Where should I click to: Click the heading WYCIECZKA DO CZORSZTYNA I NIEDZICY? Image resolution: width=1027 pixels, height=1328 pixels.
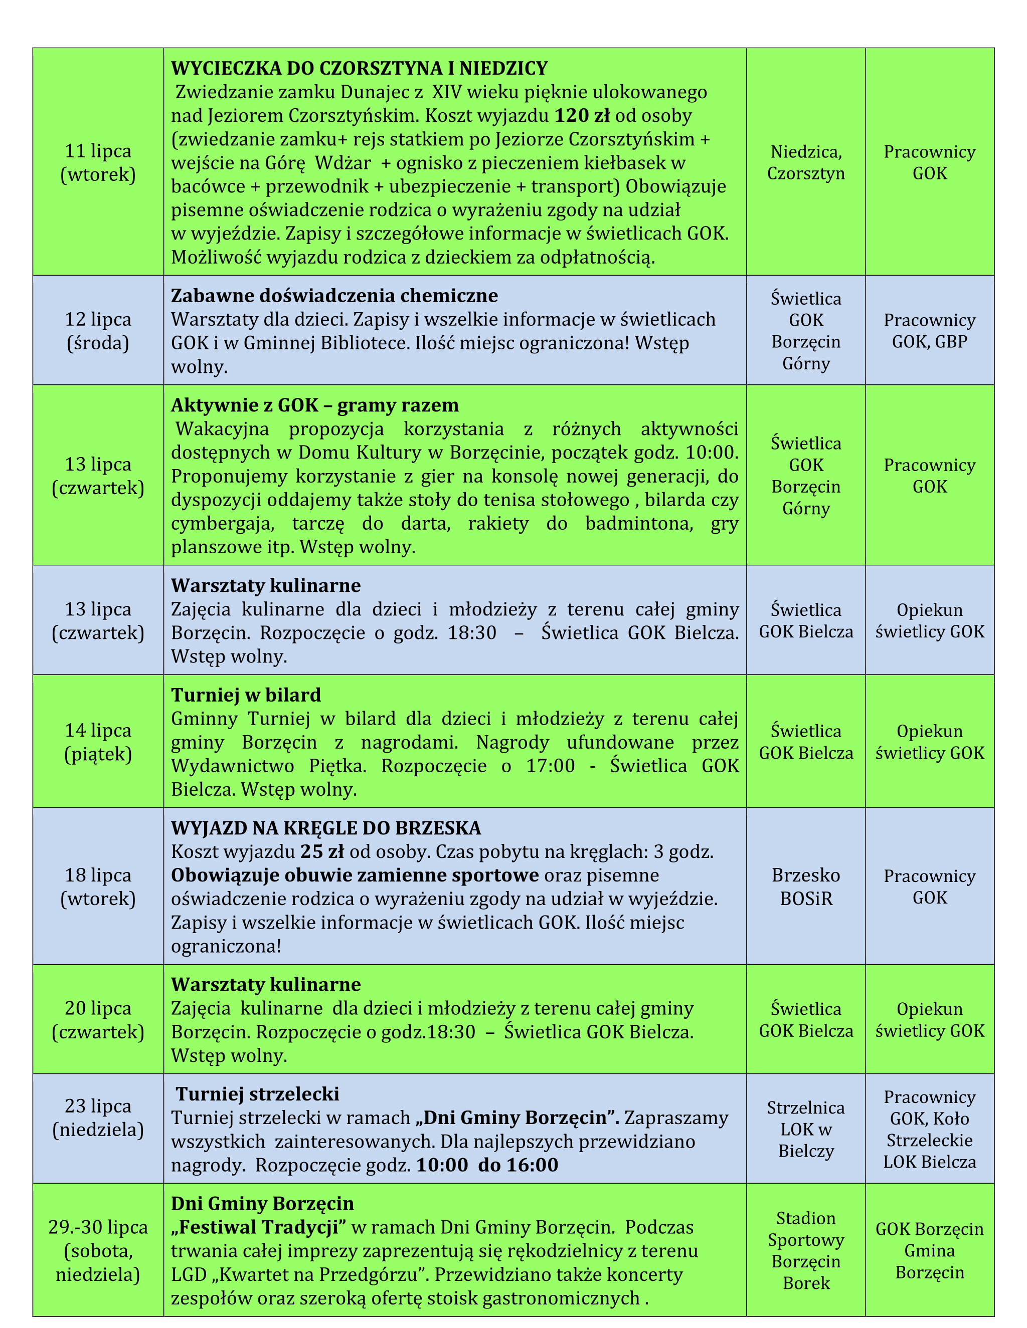[359, 68]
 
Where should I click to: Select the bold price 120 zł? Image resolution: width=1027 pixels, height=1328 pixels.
[582, 116]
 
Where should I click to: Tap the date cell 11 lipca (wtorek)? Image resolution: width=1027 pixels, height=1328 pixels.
[98, 162]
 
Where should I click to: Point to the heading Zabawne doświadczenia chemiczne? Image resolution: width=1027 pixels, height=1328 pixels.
[334, 296]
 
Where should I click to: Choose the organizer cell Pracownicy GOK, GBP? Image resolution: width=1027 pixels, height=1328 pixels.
[929, 331]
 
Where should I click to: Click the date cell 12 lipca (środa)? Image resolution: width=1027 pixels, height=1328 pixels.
[98, 331]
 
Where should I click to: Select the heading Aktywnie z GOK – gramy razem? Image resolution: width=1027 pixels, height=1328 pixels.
[314, 405]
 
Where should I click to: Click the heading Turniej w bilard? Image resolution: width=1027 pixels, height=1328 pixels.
[246, 695]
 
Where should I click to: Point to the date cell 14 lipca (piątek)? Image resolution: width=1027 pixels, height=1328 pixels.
[98, 742]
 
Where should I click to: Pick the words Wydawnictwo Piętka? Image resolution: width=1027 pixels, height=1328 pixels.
[268, 766]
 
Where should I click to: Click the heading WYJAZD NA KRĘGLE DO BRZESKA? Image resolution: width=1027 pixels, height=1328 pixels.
[325, 827]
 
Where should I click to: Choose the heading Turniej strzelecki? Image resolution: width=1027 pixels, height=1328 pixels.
[257, 1094]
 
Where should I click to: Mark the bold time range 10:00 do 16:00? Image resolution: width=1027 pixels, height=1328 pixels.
[487, 1165]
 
